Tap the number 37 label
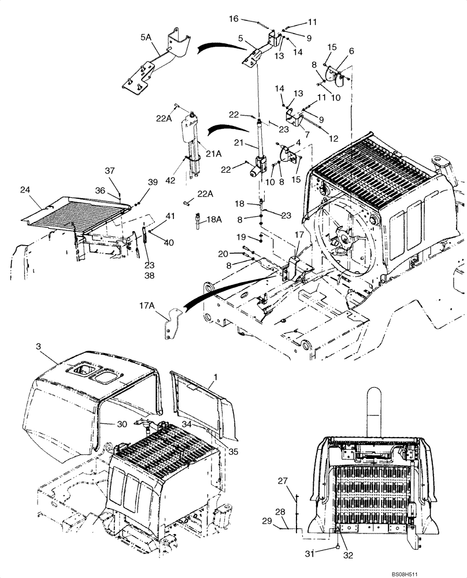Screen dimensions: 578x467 110,171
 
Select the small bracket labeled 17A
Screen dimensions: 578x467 170,323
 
